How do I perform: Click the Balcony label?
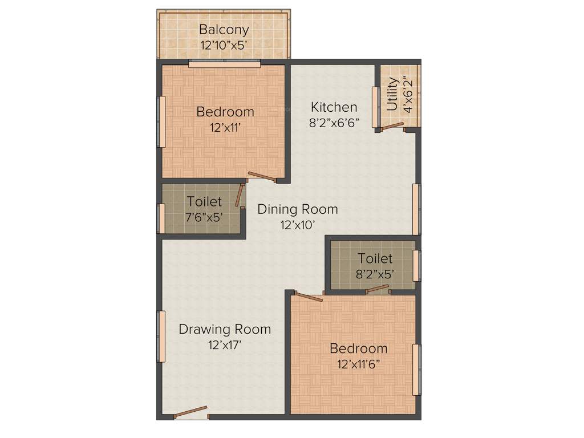(x=224, y=30)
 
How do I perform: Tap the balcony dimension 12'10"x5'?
(x=224, y=45)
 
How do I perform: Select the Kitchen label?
(x=334, y=107)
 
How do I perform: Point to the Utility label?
(x=392, y=94)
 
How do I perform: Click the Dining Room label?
(x=297, y=209)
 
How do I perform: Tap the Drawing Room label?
(x=225, y=329)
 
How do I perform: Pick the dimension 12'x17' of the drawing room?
(x=225, y=344)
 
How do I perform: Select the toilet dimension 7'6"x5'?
(x=204, y=217)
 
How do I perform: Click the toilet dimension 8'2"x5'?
(x=375, y=273)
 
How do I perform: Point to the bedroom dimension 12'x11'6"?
(x=358, y=364)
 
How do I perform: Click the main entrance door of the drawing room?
(x=190, y=412)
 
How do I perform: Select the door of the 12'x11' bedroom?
(x=262, y=177)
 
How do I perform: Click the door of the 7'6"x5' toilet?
(x=240, y=196)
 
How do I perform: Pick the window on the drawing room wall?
(x=162, y=336)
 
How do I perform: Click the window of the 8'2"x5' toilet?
(x=416, y=265)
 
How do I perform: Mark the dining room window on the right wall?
(x=416, y=208)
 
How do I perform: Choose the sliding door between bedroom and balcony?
(x=225, y=64)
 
